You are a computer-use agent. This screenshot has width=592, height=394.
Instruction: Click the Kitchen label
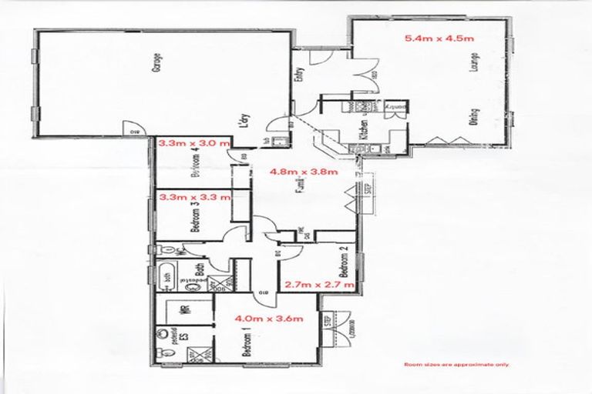point(360,129)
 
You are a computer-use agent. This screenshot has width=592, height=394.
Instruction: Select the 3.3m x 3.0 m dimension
point(194,142)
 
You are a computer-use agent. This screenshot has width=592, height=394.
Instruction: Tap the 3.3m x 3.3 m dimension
point(194,197)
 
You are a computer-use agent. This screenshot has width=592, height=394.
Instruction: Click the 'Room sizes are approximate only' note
point(456,364)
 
